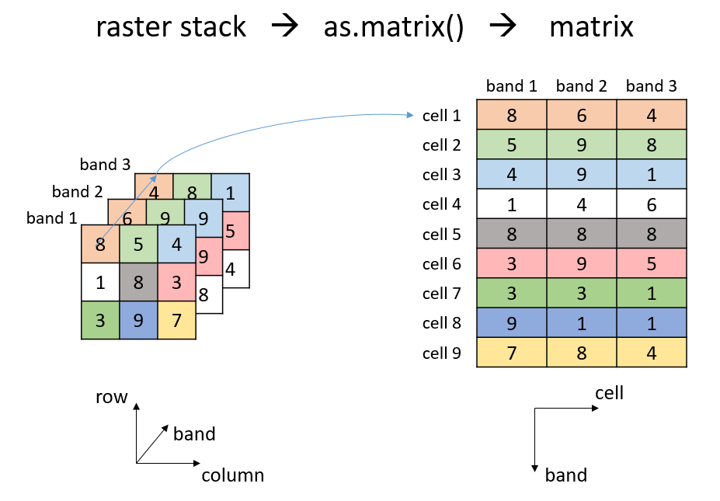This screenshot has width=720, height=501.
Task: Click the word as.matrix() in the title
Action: [394, 28]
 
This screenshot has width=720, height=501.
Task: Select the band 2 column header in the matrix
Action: [581, 86]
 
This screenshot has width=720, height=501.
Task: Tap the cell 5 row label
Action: [441, 234]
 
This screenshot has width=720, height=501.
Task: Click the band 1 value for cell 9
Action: [511, 353]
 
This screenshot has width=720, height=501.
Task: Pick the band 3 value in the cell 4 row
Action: [651, 204]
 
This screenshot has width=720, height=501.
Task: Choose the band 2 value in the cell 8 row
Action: [581, 323]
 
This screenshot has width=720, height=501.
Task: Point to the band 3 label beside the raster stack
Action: [105, 165]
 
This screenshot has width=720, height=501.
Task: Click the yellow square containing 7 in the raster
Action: [176, 320]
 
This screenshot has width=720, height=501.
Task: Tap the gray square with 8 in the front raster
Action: [138, 282]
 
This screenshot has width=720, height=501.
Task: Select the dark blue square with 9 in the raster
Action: [138, 320]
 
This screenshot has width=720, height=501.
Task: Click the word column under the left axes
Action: [233, 475]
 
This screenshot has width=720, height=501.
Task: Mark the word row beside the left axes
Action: [111, 398]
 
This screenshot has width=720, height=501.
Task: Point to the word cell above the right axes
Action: [609, 393]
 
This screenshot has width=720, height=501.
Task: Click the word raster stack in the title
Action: [171, 28]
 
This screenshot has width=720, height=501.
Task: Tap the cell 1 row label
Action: [441, 116]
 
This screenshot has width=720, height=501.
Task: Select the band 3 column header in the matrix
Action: [651, 86]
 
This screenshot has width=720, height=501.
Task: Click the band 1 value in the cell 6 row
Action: [511, 263]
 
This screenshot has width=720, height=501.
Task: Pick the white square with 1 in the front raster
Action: [100, 282]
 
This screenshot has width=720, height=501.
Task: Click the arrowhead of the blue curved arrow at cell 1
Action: [410, 116]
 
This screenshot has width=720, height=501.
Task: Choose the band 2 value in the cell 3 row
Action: [581, 175]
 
